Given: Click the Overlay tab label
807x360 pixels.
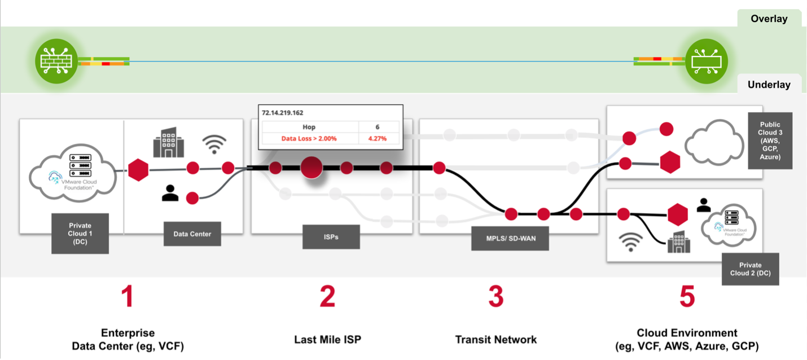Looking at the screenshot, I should click(x=769, y=19).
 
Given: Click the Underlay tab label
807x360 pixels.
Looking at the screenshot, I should click(x=769, y=85).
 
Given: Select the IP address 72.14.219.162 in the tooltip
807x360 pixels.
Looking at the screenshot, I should click(x=283, y=112).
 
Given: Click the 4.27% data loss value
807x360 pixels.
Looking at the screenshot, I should click(x=378, y=138).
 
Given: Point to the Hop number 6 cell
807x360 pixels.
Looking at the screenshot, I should click(x=378, y=127).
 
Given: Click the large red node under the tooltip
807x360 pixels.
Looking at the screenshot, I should click(x=312, y=168).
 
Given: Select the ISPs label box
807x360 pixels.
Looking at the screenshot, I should click(x=331, y=237).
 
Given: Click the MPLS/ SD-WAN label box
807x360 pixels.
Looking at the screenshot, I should click(x=503, y=238).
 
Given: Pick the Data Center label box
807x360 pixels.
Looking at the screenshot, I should click(x=192, y=234).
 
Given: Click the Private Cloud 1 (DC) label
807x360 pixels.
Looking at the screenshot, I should click(x=80, y=233).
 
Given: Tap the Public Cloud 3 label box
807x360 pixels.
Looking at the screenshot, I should click(x=770, y=141).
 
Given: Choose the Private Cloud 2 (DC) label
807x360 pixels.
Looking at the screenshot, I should click(x=750, y=269).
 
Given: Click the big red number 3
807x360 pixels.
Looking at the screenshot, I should click(x=495, y=297).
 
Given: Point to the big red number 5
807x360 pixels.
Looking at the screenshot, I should click(x=687, y=297).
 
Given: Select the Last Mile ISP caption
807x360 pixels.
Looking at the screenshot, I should click(x=327, y=340).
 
